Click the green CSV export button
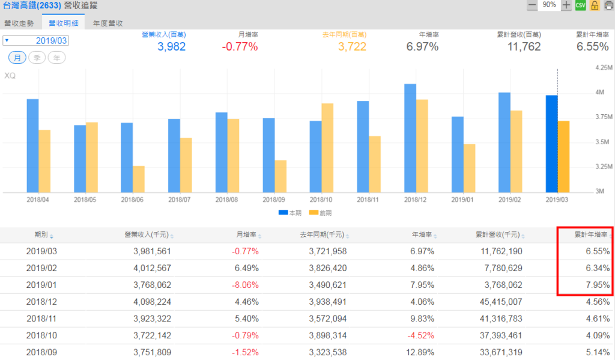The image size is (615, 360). pos(580,5)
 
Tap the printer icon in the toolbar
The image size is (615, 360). pos(608,5)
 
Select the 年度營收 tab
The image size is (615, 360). pos(108,23)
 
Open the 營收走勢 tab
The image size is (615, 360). pos(20,23)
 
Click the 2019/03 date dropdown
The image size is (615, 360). pos(36,40)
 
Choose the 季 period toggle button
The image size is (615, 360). pos(37,58)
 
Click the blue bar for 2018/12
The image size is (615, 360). pos(410,138)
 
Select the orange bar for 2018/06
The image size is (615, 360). pos(139,178)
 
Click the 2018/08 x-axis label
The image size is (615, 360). pos(227,200)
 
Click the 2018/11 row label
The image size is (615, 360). pos(41,319)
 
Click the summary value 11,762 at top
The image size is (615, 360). pos(524,47)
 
